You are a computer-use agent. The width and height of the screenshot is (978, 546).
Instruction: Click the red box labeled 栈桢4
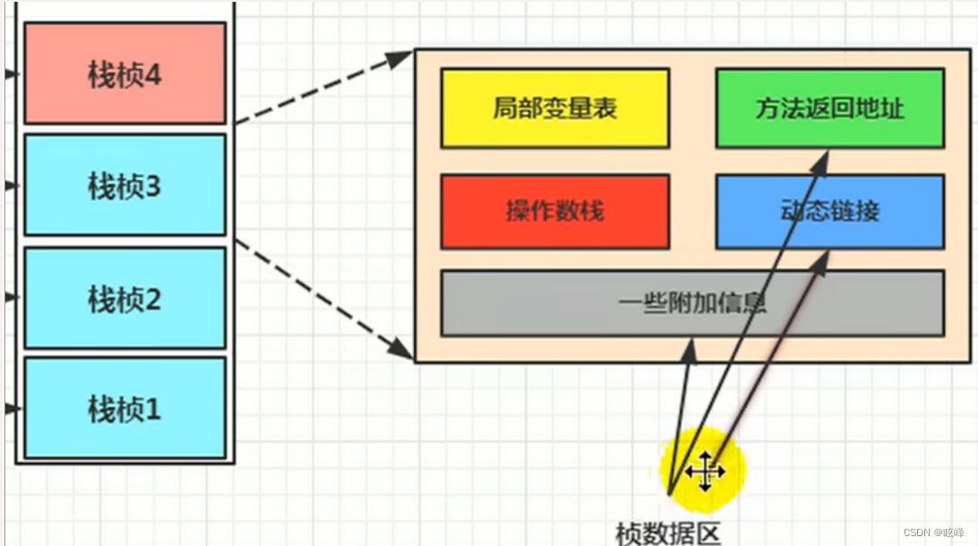(x=124, y=73)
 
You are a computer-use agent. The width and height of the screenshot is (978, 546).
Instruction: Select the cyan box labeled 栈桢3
(x=124, y=185)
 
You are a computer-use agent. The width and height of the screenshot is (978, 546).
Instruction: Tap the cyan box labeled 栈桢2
(x=124, y=298)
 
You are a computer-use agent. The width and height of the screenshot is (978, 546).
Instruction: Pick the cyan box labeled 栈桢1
(x=124, y=408)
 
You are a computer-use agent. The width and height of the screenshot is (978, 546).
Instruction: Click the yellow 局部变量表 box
(x=554, y=108)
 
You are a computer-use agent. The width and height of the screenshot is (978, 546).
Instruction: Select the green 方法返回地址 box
(x=829, y=108)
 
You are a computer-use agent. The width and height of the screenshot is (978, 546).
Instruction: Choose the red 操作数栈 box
(x=554, y=211)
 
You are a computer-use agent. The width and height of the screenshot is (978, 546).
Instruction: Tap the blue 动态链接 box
(x=829, y=211)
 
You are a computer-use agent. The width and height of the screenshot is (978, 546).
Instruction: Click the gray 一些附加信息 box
(x=692, y=303)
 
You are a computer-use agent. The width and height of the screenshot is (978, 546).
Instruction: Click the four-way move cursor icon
(x=705, y=471)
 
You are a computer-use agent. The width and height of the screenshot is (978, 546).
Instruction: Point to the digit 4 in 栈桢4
(x=151, y=74)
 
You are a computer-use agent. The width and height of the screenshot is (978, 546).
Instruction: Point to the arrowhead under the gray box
(x=689, y=347)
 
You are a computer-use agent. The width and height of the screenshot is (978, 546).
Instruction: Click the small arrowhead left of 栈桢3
(x=10, y=186)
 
